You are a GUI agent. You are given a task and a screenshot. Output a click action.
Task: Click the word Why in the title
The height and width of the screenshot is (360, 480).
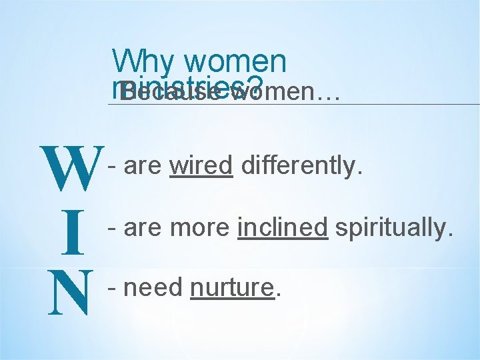click(x=143, y=62)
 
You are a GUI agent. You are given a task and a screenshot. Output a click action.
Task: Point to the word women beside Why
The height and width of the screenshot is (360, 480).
click(x=235, y=62)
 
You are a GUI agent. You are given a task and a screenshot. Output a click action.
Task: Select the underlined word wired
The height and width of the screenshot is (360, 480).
click(x=201, y=165)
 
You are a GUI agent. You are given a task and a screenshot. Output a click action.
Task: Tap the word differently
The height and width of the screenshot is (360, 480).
click(x=302, y=165)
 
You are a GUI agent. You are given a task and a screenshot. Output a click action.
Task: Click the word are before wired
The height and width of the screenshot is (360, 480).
click(x=143, y=165)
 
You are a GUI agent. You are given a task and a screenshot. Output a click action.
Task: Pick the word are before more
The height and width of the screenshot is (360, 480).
click(x=143, y=227)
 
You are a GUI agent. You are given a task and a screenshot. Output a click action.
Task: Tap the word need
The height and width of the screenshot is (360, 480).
click(x=153, y=288)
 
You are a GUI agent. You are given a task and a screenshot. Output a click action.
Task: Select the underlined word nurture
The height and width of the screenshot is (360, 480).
click(x=232, y=288)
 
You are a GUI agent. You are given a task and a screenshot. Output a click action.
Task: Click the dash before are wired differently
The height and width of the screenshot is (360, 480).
click(x=113, y=165)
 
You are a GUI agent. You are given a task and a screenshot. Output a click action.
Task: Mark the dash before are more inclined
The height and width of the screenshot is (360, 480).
click(x=113, y=227)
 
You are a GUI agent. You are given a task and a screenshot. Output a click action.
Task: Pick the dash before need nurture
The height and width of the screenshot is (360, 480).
click(x=113, y=288)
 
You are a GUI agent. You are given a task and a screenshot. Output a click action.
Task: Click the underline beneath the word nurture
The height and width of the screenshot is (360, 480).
click(x=232, y=299)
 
